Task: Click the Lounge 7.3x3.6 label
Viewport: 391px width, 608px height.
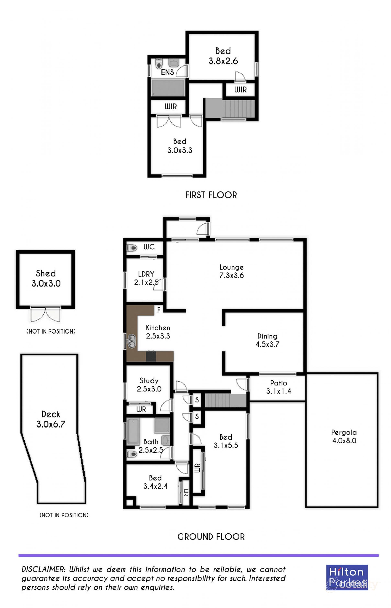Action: tap(231, 271)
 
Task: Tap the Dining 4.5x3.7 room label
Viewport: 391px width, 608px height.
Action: tap(267, 340)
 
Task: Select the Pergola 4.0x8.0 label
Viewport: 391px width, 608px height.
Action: tap(344, 436)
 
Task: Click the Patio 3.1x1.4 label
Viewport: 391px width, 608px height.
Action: tap(279, 387)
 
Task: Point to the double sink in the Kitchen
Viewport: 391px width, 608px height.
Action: tap(132, 341)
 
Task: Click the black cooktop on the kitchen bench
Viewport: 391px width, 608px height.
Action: tap(151, 356)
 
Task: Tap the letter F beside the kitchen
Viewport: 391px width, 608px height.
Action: tap(159, 310)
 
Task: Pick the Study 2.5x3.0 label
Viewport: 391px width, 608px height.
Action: tap(149, 385)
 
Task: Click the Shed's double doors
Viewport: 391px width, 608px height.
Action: tap(45, 315)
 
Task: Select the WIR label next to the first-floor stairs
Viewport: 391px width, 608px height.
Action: tap(240, 90)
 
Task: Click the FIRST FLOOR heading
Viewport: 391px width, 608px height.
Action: tap(211, 195)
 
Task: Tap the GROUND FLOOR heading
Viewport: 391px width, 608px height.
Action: tap(211, 536)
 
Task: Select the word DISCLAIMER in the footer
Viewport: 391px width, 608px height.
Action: tap(43, 569)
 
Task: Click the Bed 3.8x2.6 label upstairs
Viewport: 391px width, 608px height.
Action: tap(223, 56)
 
